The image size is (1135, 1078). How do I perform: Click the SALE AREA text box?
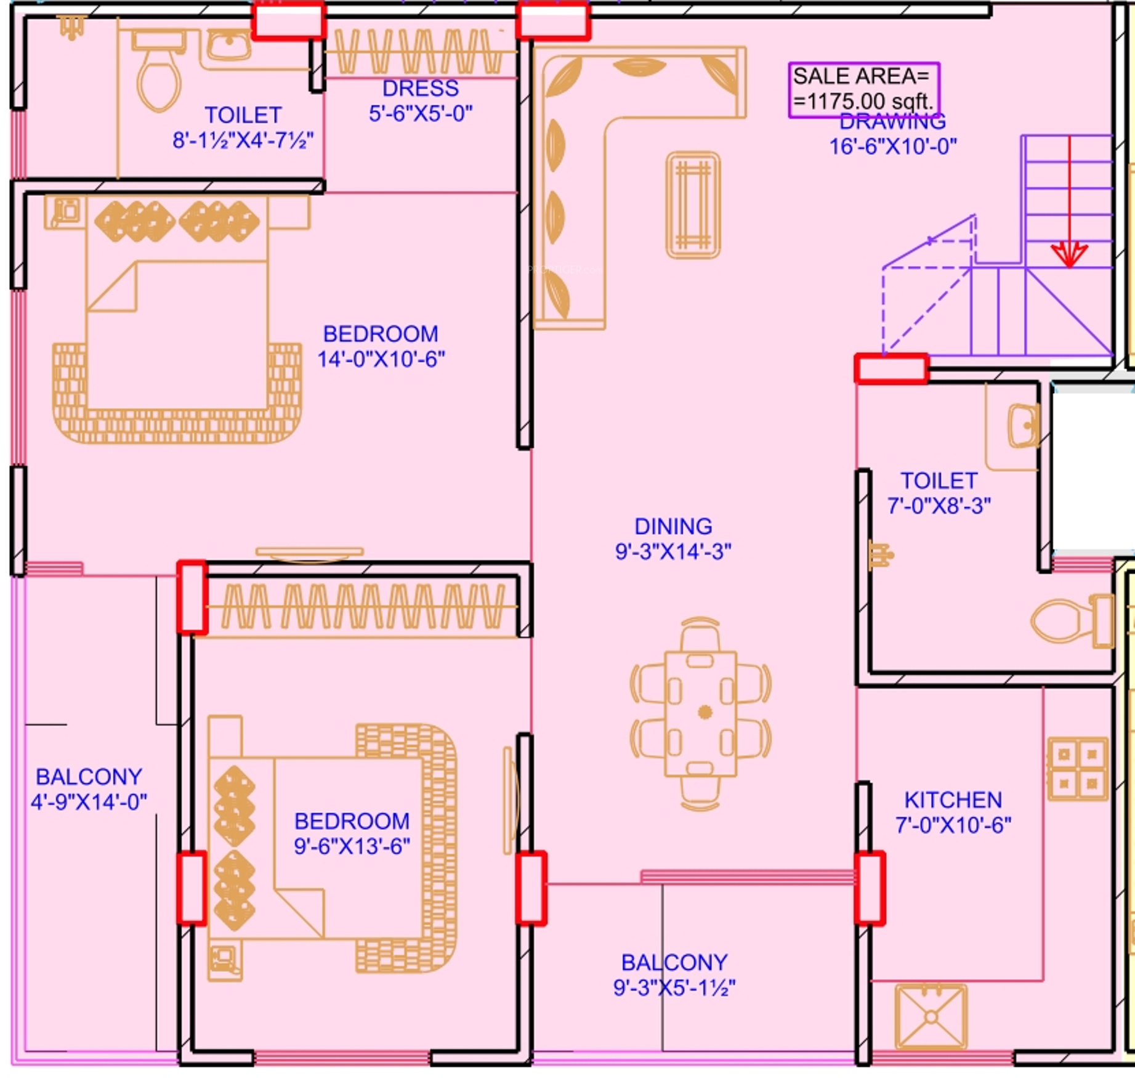(863, 90)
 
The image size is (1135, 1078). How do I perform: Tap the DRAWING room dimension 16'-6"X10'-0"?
(893, 147)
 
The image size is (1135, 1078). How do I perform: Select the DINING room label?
(673, 527)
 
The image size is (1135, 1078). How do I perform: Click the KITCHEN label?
(953, 800)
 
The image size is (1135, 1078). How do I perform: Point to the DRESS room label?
(421, 89)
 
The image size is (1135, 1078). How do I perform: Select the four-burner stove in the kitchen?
(1078, 769)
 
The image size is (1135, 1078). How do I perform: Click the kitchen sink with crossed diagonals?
(931, 1016)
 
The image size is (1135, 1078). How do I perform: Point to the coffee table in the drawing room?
(693, 205)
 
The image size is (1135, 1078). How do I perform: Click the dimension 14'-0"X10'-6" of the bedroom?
(381, 359)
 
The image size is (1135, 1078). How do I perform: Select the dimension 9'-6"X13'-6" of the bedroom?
(352, 846)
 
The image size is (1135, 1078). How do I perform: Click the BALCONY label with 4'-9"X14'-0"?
(89, 777)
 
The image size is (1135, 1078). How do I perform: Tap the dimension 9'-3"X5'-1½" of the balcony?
(674, 987)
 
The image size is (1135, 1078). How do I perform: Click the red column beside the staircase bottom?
(891, 369)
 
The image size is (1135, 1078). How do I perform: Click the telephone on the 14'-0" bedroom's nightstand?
(65, 212)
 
